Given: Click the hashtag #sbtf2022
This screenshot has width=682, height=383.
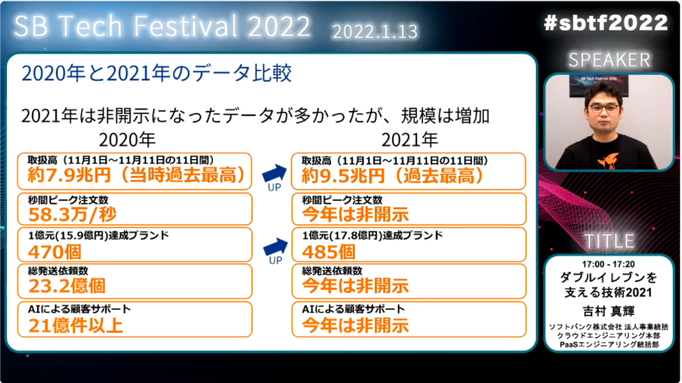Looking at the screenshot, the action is (x=605, y=23).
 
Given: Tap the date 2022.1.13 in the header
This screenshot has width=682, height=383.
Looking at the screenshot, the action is (x=375, y=31).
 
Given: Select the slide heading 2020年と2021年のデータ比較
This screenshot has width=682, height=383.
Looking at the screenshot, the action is (x=157, y=73).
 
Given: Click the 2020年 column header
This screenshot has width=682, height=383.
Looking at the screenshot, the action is (x=127, y=140).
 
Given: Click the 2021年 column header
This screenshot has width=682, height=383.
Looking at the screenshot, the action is (x=410, y=140).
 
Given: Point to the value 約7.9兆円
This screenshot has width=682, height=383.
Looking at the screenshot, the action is (x=70, y=175).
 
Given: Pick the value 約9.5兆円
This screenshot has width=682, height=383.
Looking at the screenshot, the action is (x=344, y=176).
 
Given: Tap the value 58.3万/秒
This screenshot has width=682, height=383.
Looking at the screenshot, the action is (x=72, y=214).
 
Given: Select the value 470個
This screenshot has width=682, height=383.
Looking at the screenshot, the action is (x=48, y=252).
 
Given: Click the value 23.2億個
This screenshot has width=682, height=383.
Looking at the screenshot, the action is (x=67, y=286).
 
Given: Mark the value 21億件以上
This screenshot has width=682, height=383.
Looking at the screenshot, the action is (x=75, y=325).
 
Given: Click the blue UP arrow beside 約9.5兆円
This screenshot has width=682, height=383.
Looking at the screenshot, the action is (x=275, y=173).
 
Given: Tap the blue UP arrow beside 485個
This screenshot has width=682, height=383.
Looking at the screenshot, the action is (x=276, y=247).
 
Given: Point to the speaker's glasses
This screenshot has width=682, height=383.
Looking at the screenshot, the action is (x=604, y=108).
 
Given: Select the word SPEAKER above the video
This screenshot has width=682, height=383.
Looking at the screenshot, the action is (x=609, y=60).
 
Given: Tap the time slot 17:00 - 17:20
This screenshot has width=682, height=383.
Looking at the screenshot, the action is (x=609, y=264).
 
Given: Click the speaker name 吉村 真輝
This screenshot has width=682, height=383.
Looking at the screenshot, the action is (x=609, y=311).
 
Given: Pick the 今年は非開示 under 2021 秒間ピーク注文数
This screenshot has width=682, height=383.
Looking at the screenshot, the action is (x=356, y=214).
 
